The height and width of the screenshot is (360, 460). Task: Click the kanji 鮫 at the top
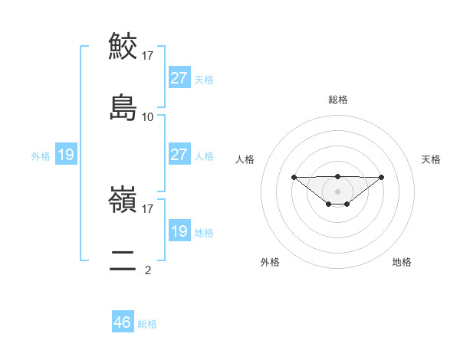123,47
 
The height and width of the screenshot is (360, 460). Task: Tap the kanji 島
123,107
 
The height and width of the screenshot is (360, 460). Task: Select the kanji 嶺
123,200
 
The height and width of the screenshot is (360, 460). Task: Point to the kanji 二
123,260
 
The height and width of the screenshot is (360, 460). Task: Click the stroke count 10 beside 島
148,117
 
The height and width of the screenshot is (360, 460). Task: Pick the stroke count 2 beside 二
148,270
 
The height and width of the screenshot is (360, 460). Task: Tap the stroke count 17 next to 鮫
148,56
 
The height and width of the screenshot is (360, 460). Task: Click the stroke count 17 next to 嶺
148,208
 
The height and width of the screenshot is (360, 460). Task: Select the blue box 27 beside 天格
179,78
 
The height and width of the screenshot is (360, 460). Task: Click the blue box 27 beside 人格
179,155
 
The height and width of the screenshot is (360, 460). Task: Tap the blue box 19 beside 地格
179,231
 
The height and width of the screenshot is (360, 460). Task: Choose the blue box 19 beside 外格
66,155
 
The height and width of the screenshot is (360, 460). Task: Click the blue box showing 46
123,322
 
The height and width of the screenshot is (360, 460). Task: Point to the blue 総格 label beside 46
147,324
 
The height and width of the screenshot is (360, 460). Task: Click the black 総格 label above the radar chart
337,100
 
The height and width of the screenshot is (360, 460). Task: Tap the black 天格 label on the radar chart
431,159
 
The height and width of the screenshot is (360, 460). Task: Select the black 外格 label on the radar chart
270,262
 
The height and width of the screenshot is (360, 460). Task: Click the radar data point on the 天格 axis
382,177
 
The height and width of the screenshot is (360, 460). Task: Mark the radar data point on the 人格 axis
294,177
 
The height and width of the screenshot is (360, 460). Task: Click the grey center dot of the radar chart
337,191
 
